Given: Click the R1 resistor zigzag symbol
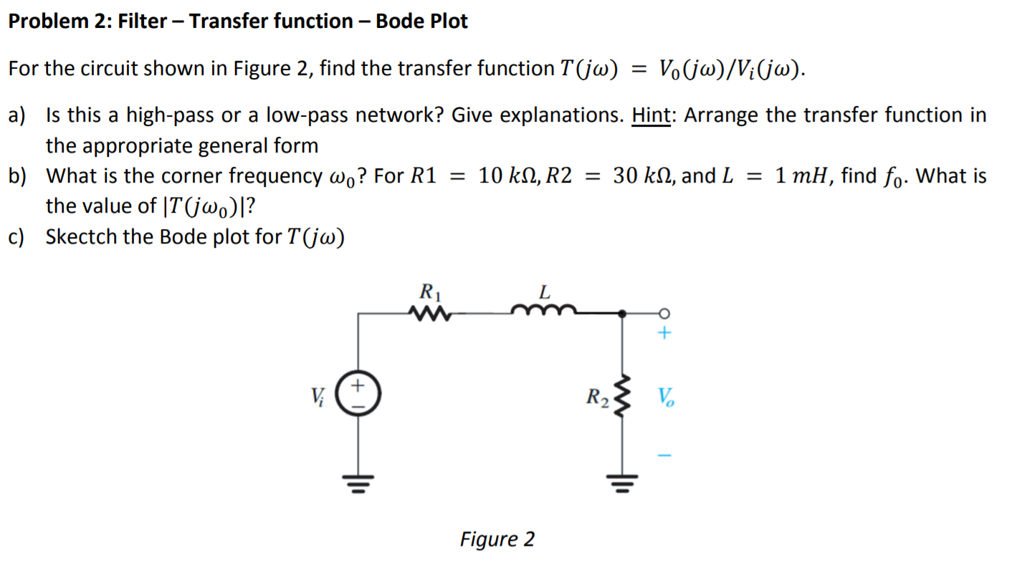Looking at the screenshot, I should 429,313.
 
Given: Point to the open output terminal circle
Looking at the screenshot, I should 664,313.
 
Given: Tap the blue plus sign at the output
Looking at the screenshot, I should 664,333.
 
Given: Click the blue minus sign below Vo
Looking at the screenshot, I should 664,456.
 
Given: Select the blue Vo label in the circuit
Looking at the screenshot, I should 664,396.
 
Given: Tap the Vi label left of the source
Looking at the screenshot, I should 317,395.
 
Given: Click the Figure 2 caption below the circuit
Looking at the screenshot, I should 497,539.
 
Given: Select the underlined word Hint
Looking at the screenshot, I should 651,115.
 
